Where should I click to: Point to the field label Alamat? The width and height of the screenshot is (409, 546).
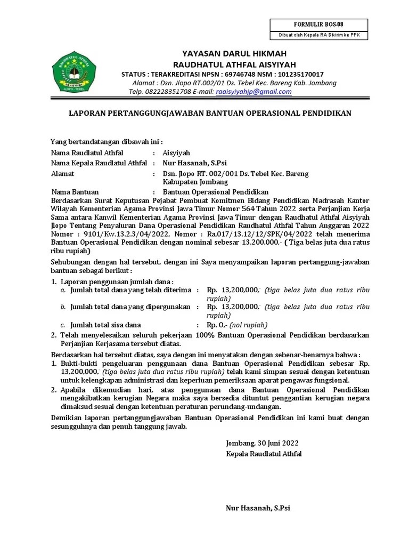[63, 174]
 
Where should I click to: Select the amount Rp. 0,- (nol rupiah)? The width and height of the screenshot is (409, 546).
[237, 325]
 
